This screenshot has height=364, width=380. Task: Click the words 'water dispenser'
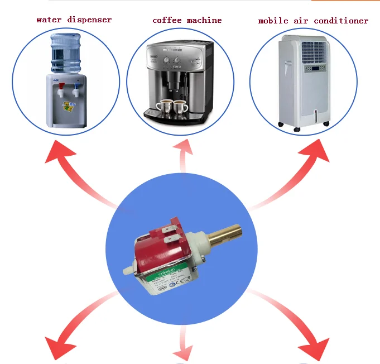pos(74,20)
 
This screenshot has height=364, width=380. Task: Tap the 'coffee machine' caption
pos(187,20)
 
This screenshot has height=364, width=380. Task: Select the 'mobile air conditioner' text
pos(313,21)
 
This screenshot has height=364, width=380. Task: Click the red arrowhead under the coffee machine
pos(184,149)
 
